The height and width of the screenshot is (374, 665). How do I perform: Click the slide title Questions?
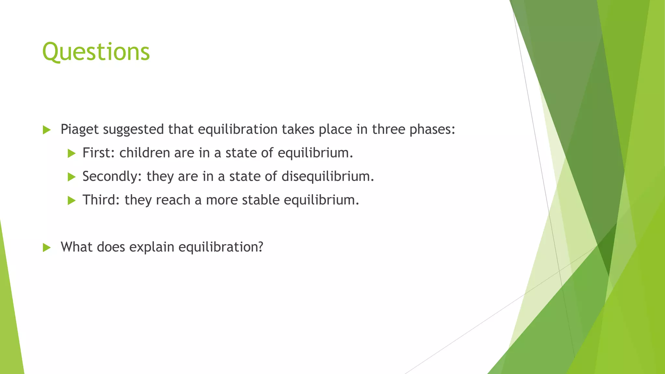[96, 52]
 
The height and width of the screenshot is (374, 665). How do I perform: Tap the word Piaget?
[80, 129]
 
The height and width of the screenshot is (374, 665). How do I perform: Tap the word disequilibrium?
[327, 176]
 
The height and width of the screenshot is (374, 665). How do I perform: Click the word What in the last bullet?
[77, 247]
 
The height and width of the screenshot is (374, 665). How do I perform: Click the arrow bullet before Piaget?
[47, 130]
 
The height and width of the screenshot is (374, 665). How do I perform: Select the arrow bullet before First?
[71, 153]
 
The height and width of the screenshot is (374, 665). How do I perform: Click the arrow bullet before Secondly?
[71, 177]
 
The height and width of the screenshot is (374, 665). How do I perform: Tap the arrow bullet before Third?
[71, 201]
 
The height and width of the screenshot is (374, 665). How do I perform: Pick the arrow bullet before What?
[47, 248]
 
